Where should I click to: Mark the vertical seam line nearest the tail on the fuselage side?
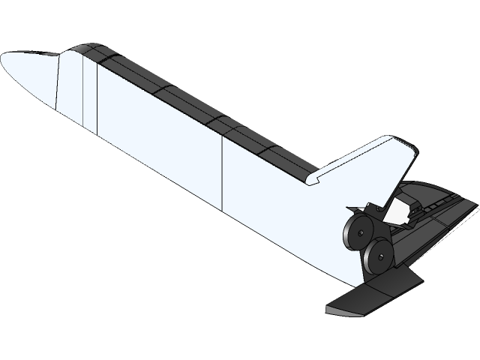[x=222, y=172]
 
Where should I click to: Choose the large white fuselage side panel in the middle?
[x=157, y=135]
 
